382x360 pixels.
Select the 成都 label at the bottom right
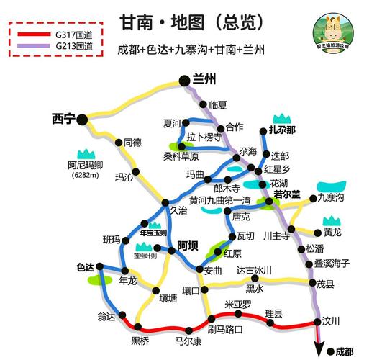coord(344,351)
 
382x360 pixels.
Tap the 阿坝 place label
coord(188,245)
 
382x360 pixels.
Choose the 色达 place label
coord(86,267)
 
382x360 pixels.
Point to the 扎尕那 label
coord(282,130)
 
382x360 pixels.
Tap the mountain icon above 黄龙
coord(332,220)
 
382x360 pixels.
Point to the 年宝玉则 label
coord(153,233)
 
